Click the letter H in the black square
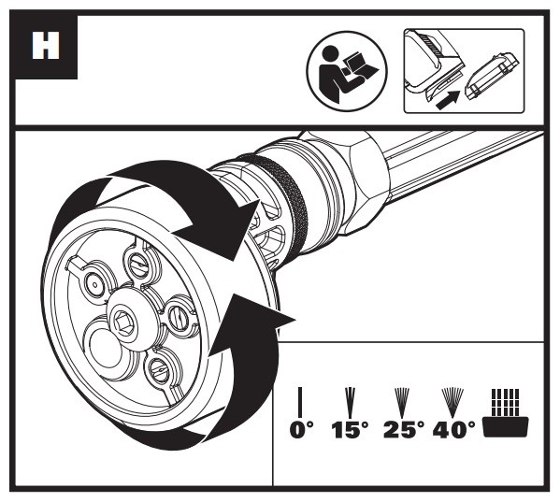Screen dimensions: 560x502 (46, 46)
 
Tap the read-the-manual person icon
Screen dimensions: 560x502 (347, 70)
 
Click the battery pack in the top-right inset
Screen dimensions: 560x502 (492, 76)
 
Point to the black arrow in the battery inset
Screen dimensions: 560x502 (447, 100)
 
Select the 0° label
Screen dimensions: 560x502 (301, 429)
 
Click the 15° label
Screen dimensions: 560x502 (350, 429)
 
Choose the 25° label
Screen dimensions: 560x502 (404, 429)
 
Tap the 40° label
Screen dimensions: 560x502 (453, 429)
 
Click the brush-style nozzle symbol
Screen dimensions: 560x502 (505, 412)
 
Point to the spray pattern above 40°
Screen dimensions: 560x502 (452, 402)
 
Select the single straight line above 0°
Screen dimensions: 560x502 (300, 402)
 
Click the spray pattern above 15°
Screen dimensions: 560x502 (351, 402)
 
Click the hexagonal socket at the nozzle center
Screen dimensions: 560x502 (123, 323)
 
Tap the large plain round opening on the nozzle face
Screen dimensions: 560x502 (106, 349)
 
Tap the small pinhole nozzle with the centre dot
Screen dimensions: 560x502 (94, 284)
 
